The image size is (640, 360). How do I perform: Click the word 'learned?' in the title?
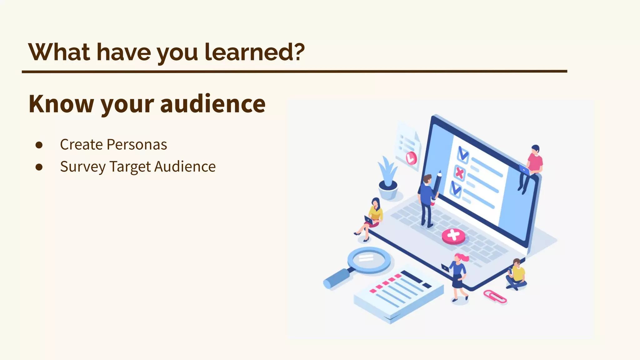click(254, 52)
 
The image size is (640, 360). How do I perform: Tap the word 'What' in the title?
click(59, 52)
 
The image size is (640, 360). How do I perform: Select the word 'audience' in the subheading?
click(213, 104)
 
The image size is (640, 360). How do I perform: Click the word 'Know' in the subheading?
click(61, 104)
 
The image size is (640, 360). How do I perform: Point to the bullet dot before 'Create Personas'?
click(39, 145)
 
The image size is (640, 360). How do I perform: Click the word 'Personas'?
click(137, 145)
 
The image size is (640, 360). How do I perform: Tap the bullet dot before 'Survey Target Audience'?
click(39, 167)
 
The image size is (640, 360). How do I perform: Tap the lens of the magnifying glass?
click(369, 259)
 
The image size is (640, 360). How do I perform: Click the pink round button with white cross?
click(453, 236)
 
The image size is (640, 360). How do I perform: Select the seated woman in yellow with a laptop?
click(372, 219)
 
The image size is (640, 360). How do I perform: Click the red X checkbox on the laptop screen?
click(459, 173)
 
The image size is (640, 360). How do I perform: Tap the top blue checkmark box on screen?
click(462, 154)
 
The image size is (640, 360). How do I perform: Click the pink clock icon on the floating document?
click(411, 158)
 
